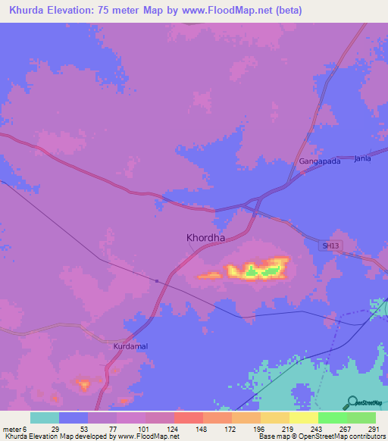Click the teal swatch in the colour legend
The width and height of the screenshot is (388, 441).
point(44,418)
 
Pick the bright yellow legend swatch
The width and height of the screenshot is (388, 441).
point(303,418)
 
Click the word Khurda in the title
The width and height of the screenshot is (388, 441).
point(26,10)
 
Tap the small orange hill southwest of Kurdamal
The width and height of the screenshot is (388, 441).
point(83,385)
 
